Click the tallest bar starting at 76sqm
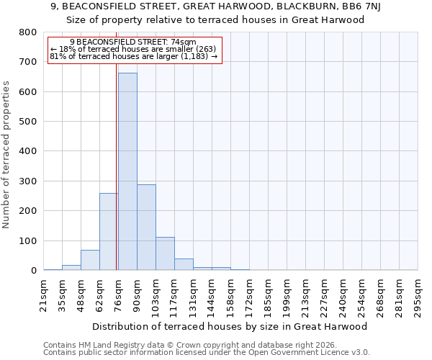click(x=127, y=171)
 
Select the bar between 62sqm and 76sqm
click(x=109, y=231)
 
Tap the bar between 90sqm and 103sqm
click(x=146, y=227)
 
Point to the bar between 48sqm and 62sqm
click(x=90, y=260)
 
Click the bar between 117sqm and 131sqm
click(x=184, y=264)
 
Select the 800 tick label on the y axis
click(x=27, y=32)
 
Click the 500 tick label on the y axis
click(x=27, y=122)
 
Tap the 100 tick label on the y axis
click(x=27, y=240)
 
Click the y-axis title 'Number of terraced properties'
click(x=6, y=155)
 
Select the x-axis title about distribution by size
click(x=230, y=326)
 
